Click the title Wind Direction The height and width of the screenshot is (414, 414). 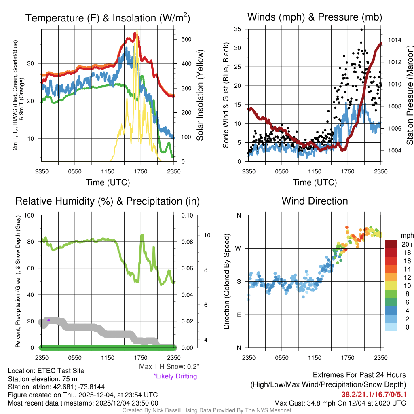coord(315,201)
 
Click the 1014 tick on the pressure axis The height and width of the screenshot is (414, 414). coord(394,40)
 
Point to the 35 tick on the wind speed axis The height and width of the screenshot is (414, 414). coord(238,29)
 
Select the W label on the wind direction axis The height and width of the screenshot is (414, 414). coord(239,248)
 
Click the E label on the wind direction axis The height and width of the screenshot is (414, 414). coord(239,315)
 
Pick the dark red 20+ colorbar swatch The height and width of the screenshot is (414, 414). coord(393,244)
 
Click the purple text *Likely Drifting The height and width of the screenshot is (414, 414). coord(175,376)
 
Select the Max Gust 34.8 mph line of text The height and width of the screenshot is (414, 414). coord(340,403)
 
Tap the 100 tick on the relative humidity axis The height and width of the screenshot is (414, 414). coord(30,215)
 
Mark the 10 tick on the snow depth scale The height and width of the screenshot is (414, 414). coord(207,235)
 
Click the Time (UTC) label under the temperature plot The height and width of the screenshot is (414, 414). coord(108,182)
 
